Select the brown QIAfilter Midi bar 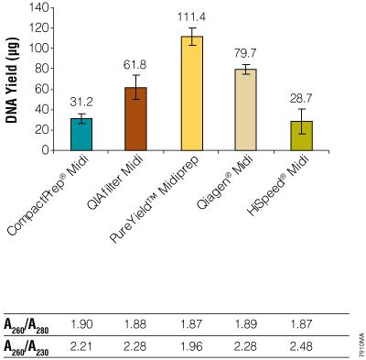[135, 118]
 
